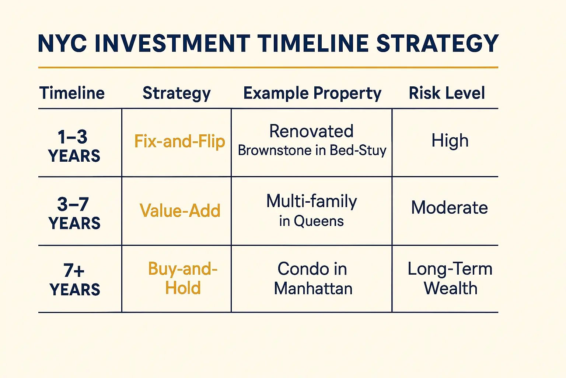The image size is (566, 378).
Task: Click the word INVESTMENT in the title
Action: (x=172, y=43)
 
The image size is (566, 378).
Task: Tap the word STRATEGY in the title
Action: (x=437, y=43)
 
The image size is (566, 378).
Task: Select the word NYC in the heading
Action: (x=62, y=43)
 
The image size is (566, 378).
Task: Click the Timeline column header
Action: (x=72, y=93)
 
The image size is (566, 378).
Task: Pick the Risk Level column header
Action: (x=447, y=93)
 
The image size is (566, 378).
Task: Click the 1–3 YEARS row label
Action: (x=74, y=145)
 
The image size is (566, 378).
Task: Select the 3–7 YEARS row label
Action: (x=74, y=213)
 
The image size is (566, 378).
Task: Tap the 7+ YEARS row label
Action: (x=74, y=279)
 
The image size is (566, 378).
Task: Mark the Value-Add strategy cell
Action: (x=180, y=210)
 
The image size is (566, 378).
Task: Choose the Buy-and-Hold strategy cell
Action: (x=183, y=278)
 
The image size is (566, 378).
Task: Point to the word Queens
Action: (x=319, y=221)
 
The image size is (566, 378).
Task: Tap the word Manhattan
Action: (x=313, y=288)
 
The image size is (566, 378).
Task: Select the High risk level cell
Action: (x=450, y=141)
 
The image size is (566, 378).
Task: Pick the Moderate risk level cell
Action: (x=449, y=207)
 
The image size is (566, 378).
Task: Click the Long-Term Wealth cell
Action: (x=450, y=278)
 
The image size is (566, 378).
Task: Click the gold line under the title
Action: (x=268, y=68)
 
